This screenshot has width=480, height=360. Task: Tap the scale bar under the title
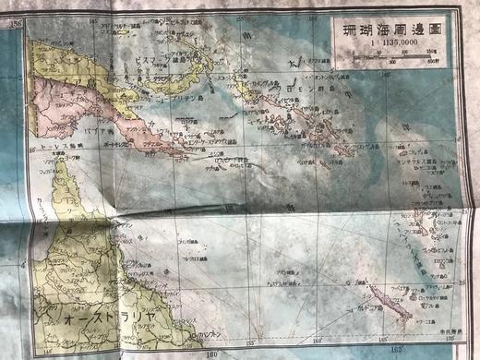coord(391,59)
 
